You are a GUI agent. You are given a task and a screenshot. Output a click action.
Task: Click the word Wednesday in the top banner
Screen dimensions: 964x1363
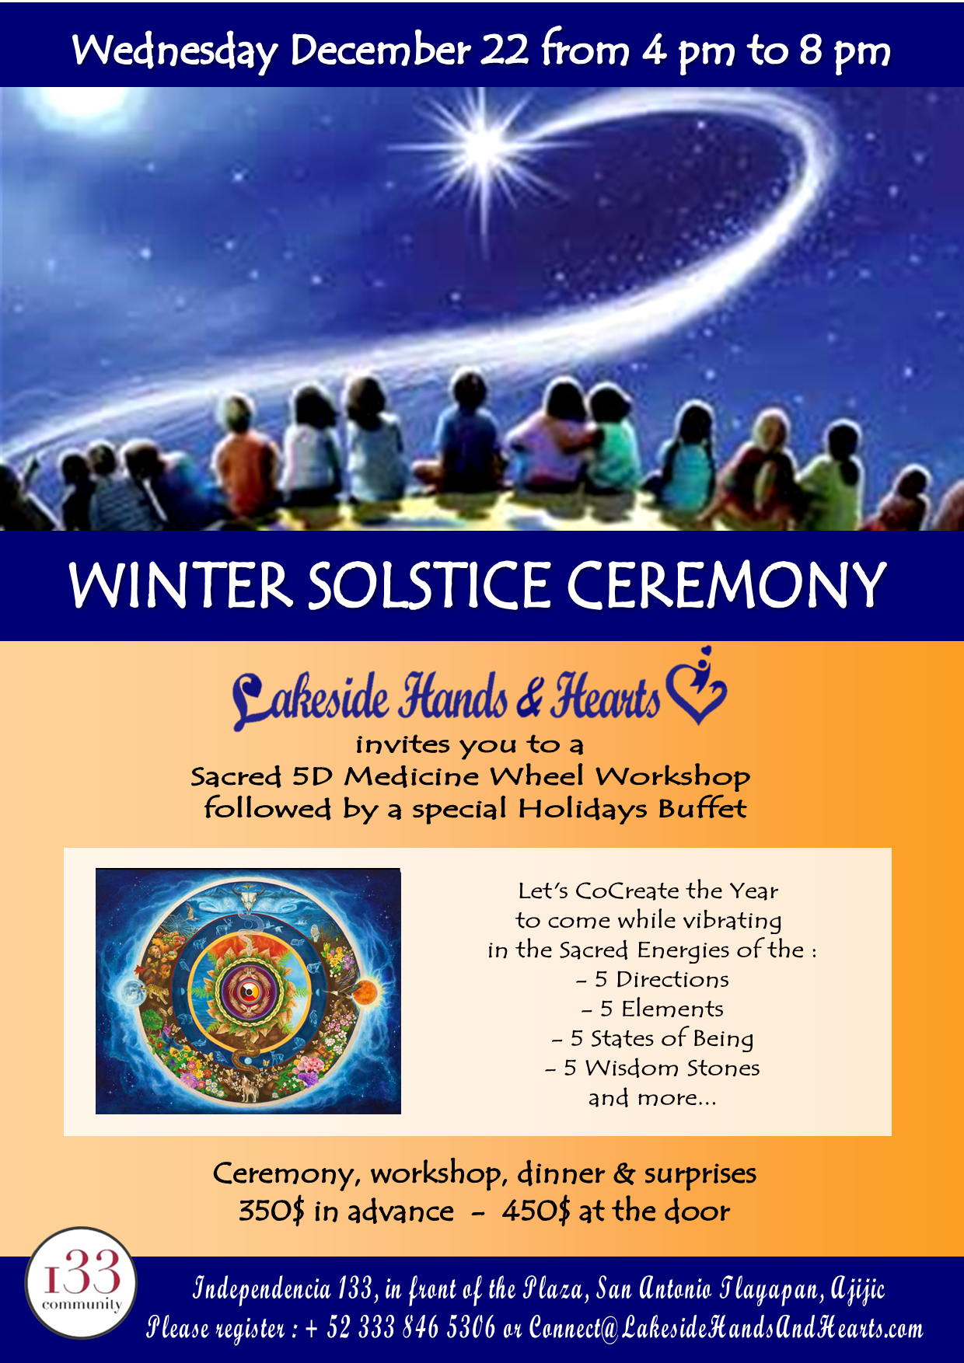[175, 51]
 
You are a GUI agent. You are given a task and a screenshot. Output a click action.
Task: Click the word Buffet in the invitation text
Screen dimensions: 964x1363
[702, 808]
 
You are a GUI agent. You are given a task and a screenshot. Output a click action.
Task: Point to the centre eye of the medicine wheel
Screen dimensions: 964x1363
[247, 991]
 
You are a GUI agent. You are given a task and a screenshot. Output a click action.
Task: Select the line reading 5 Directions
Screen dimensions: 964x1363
[652, 979]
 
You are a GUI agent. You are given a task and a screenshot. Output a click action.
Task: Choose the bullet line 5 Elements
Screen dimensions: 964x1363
[652, 1009]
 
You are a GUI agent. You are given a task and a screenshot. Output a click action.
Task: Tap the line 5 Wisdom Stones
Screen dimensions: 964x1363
[652, 1068]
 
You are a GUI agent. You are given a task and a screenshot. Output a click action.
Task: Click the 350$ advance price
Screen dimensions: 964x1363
[271, 1211]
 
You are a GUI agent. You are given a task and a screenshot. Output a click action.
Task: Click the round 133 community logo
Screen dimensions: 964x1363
[82, 1283]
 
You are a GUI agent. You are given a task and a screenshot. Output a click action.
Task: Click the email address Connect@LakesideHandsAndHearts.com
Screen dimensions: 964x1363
[726, 1327]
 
